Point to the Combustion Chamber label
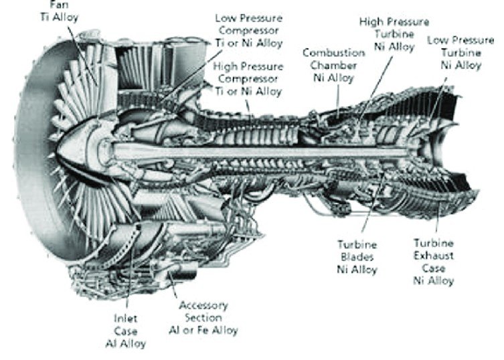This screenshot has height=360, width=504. [333, 65]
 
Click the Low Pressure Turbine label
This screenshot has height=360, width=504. [460, 53]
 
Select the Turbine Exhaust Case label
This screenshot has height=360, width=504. [434, 262]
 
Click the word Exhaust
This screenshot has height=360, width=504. [434, 256]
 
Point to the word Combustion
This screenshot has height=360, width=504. [333, 53]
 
